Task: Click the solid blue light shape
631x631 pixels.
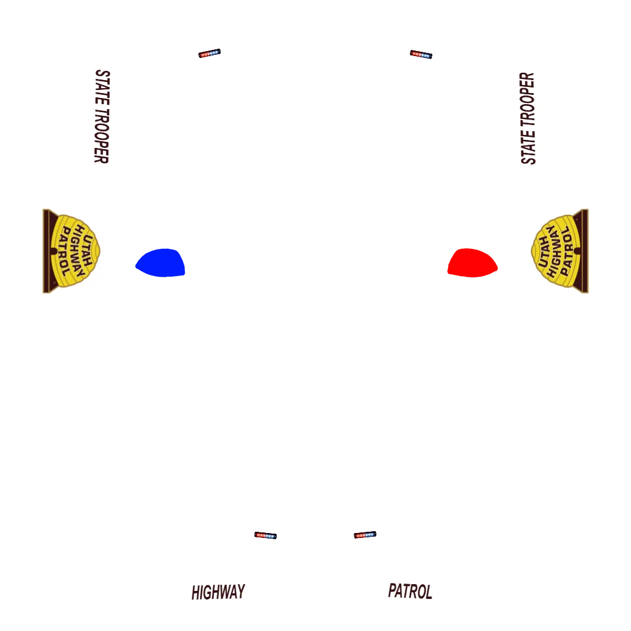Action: [161, 263]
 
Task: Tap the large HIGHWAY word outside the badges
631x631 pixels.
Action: [218, 593]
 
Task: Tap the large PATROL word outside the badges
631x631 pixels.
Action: [410, 592]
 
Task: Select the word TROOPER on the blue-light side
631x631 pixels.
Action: [101, 137]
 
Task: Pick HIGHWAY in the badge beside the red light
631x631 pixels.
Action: [556, 251]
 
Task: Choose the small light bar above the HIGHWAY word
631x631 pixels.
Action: [266, 535]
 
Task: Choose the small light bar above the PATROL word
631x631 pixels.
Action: [365, 535]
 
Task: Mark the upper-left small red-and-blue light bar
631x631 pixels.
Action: [210, 54]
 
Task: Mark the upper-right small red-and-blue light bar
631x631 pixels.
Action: [421, 54]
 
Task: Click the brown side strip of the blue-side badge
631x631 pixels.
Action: [46, 251]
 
